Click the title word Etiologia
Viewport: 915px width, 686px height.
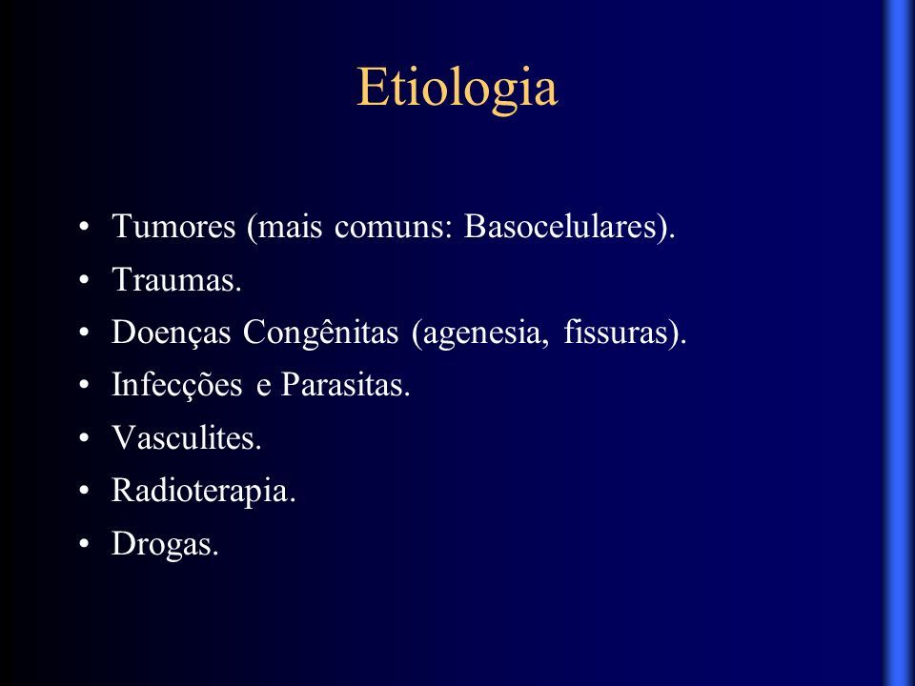(x=457, y=88)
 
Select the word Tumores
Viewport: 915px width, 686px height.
(x=173, y=226)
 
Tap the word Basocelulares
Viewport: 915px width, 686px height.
(x=560, y=226)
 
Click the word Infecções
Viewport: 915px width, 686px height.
(x=177, y=385)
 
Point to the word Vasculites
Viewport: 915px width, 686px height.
(x=183, y=437)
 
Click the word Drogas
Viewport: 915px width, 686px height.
(x=162, y=544)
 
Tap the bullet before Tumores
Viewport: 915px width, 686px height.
(x=85, y=227)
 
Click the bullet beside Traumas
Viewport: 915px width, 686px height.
(x=85, y=280)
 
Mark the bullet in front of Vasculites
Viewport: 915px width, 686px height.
(x=85, y=438)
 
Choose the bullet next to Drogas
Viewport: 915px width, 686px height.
(x=85, y=544)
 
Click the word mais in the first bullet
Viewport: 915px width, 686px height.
(x=290, y=227)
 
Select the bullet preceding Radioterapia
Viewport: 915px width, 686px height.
(x=85, y=492)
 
